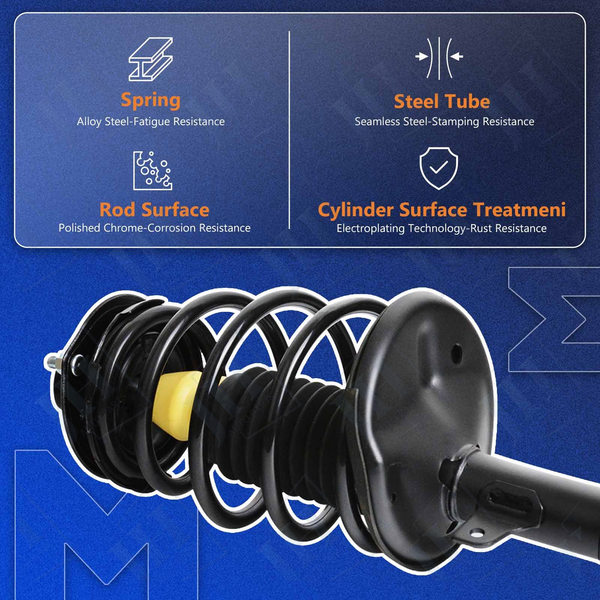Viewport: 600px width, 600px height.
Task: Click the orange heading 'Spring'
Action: (151, 100)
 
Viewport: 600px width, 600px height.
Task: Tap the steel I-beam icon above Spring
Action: (151, 59)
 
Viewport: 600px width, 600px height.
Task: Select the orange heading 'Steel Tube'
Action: (442, 102)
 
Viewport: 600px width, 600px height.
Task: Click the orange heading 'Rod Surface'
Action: (154, 210)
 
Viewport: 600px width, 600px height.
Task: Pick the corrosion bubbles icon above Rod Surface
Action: (153, 171)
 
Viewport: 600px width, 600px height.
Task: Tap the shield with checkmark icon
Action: (439, 168)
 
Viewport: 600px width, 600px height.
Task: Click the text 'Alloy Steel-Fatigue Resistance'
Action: (151, 121)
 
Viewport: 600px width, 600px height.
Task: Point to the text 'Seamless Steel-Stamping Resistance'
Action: (444, 121)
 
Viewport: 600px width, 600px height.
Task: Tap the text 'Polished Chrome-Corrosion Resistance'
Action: (154, 228)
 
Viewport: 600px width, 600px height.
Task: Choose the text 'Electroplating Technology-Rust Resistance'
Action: (441, 228)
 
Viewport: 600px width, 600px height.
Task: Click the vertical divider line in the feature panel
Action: (289, 130)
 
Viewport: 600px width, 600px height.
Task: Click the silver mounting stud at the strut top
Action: (52, 362)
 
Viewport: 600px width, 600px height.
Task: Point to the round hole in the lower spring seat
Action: (456, 352)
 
